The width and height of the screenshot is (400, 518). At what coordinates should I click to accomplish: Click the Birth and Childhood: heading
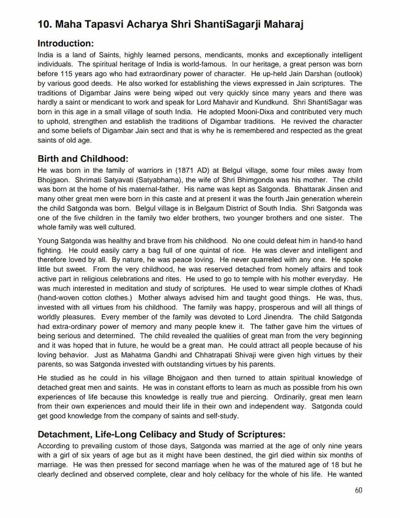(82, 159)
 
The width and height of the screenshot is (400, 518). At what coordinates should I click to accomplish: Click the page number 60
(358, 490)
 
